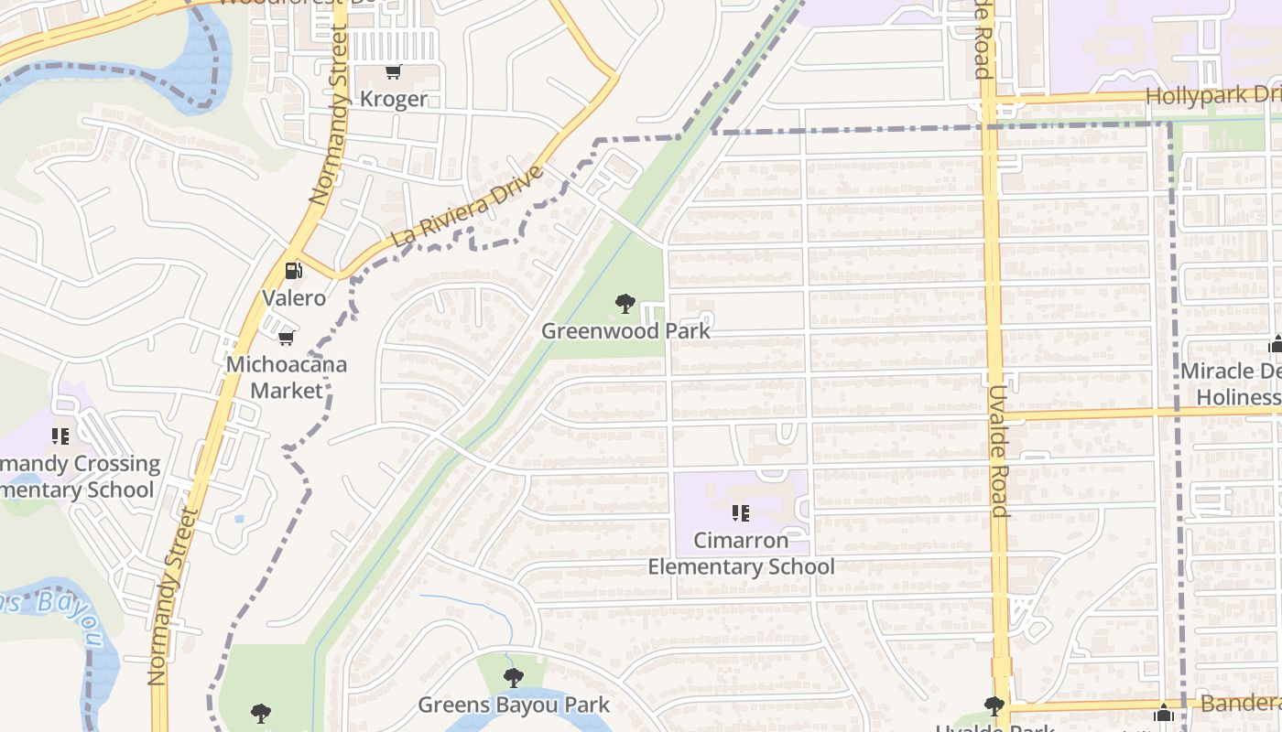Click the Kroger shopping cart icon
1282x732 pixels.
[x=394, y=72]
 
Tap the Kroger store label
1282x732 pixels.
[x=394, y=99]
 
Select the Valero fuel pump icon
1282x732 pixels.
[x=294, y=270]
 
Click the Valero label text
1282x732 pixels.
[x=294, y=297]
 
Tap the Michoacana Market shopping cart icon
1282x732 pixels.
[x=287, y=339]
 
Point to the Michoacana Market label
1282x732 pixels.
[x=287, y=377]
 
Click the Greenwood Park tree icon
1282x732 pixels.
[x=625, y=303]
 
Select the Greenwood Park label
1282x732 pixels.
[x=625, y=330]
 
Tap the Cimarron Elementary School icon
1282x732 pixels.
[x=741, y=512]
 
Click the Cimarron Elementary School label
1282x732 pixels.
[x=741, y=553]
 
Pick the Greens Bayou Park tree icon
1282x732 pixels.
[x=514, y=677]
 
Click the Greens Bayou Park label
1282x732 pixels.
[x=514, y=705]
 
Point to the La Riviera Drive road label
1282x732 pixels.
[x=468, y=206]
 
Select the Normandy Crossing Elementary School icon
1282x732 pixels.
[x=60, y=436]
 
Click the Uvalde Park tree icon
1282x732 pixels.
[x=994, y=705]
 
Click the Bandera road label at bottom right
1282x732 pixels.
[x=1240, y=703]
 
